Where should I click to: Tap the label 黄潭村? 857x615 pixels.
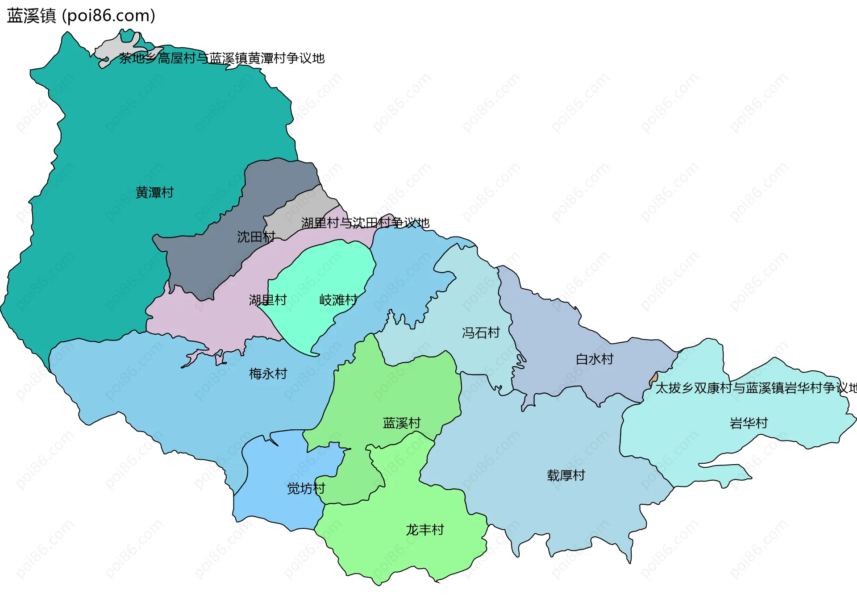tap(154, 193)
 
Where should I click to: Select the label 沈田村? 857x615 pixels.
tap(256, 237)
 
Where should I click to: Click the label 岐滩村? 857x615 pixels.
tap(338, 300)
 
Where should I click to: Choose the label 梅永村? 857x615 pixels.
tap(268, 374)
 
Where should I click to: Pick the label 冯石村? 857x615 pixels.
tap(481, 332)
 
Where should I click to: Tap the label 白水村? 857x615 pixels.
tap(595, 359)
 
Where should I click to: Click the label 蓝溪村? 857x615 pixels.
tap(402, 423)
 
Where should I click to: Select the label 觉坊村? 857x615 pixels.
tap(306, 489)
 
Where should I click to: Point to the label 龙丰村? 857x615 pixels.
tap(425, 530)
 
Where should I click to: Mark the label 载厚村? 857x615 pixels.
tap(566, 475)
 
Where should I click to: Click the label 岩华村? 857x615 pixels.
tap(749, 423)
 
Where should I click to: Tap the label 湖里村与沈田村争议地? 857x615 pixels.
tap(365, 223)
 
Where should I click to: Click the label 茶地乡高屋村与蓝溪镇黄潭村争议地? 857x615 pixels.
tap(222, 58)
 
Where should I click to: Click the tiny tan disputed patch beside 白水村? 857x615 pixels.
tap(654, 378)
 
